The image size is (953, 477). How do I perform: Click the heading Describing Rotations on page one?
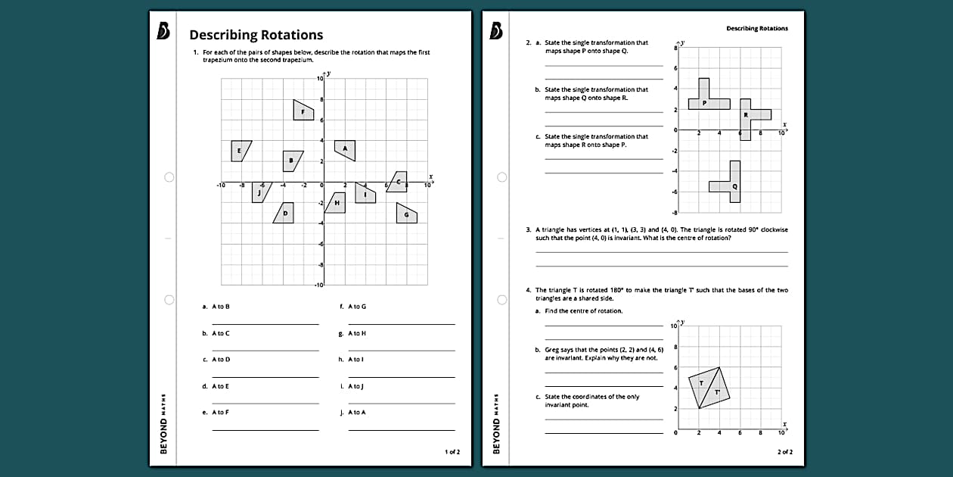256,35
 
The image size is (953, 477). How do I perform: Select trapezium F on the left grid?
303,110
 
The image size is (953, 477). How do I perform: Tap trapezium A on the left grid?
345,149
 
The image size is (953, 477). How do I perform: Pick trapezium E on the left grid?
240,151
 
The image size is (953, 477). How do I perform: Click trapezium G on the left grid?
406,214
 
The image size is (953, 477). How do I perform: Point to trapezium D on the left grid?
285,213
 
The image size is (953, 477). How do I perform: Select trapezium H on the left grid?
336,203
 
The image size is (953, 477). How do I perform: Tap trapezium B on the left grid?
291,161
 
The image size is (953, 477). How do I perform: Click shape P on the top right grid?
705,101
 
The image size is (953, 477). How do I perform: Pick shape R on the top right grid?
749,115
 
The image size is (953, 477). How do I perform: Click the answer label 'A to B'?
221,307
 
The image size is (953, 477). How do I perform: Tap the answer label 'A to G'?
357,307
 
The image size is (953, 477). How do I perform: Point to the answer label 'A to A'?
357,413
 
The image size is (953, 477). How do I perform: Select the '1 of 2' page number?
452,452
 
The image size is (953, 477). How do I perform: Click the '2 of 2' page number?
784,452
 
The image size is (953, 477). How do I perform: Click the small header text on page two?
756,29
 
